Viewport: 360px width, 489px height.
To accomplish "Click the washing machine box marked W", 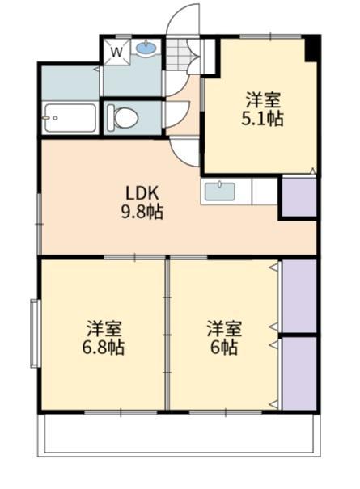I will [x=116, y=53].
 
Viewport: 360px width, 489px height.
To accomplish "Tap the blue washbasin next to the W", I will [x=146, y=49].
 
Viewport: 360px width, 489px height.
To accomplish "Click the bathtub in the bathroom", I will [x=70, y=118].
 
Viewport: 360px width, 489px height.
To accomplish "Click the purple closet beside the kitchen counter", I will [x=298, y=196].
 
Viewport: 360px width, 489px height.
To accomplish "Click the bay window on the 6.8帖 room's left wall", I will [x=35, y=333].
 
